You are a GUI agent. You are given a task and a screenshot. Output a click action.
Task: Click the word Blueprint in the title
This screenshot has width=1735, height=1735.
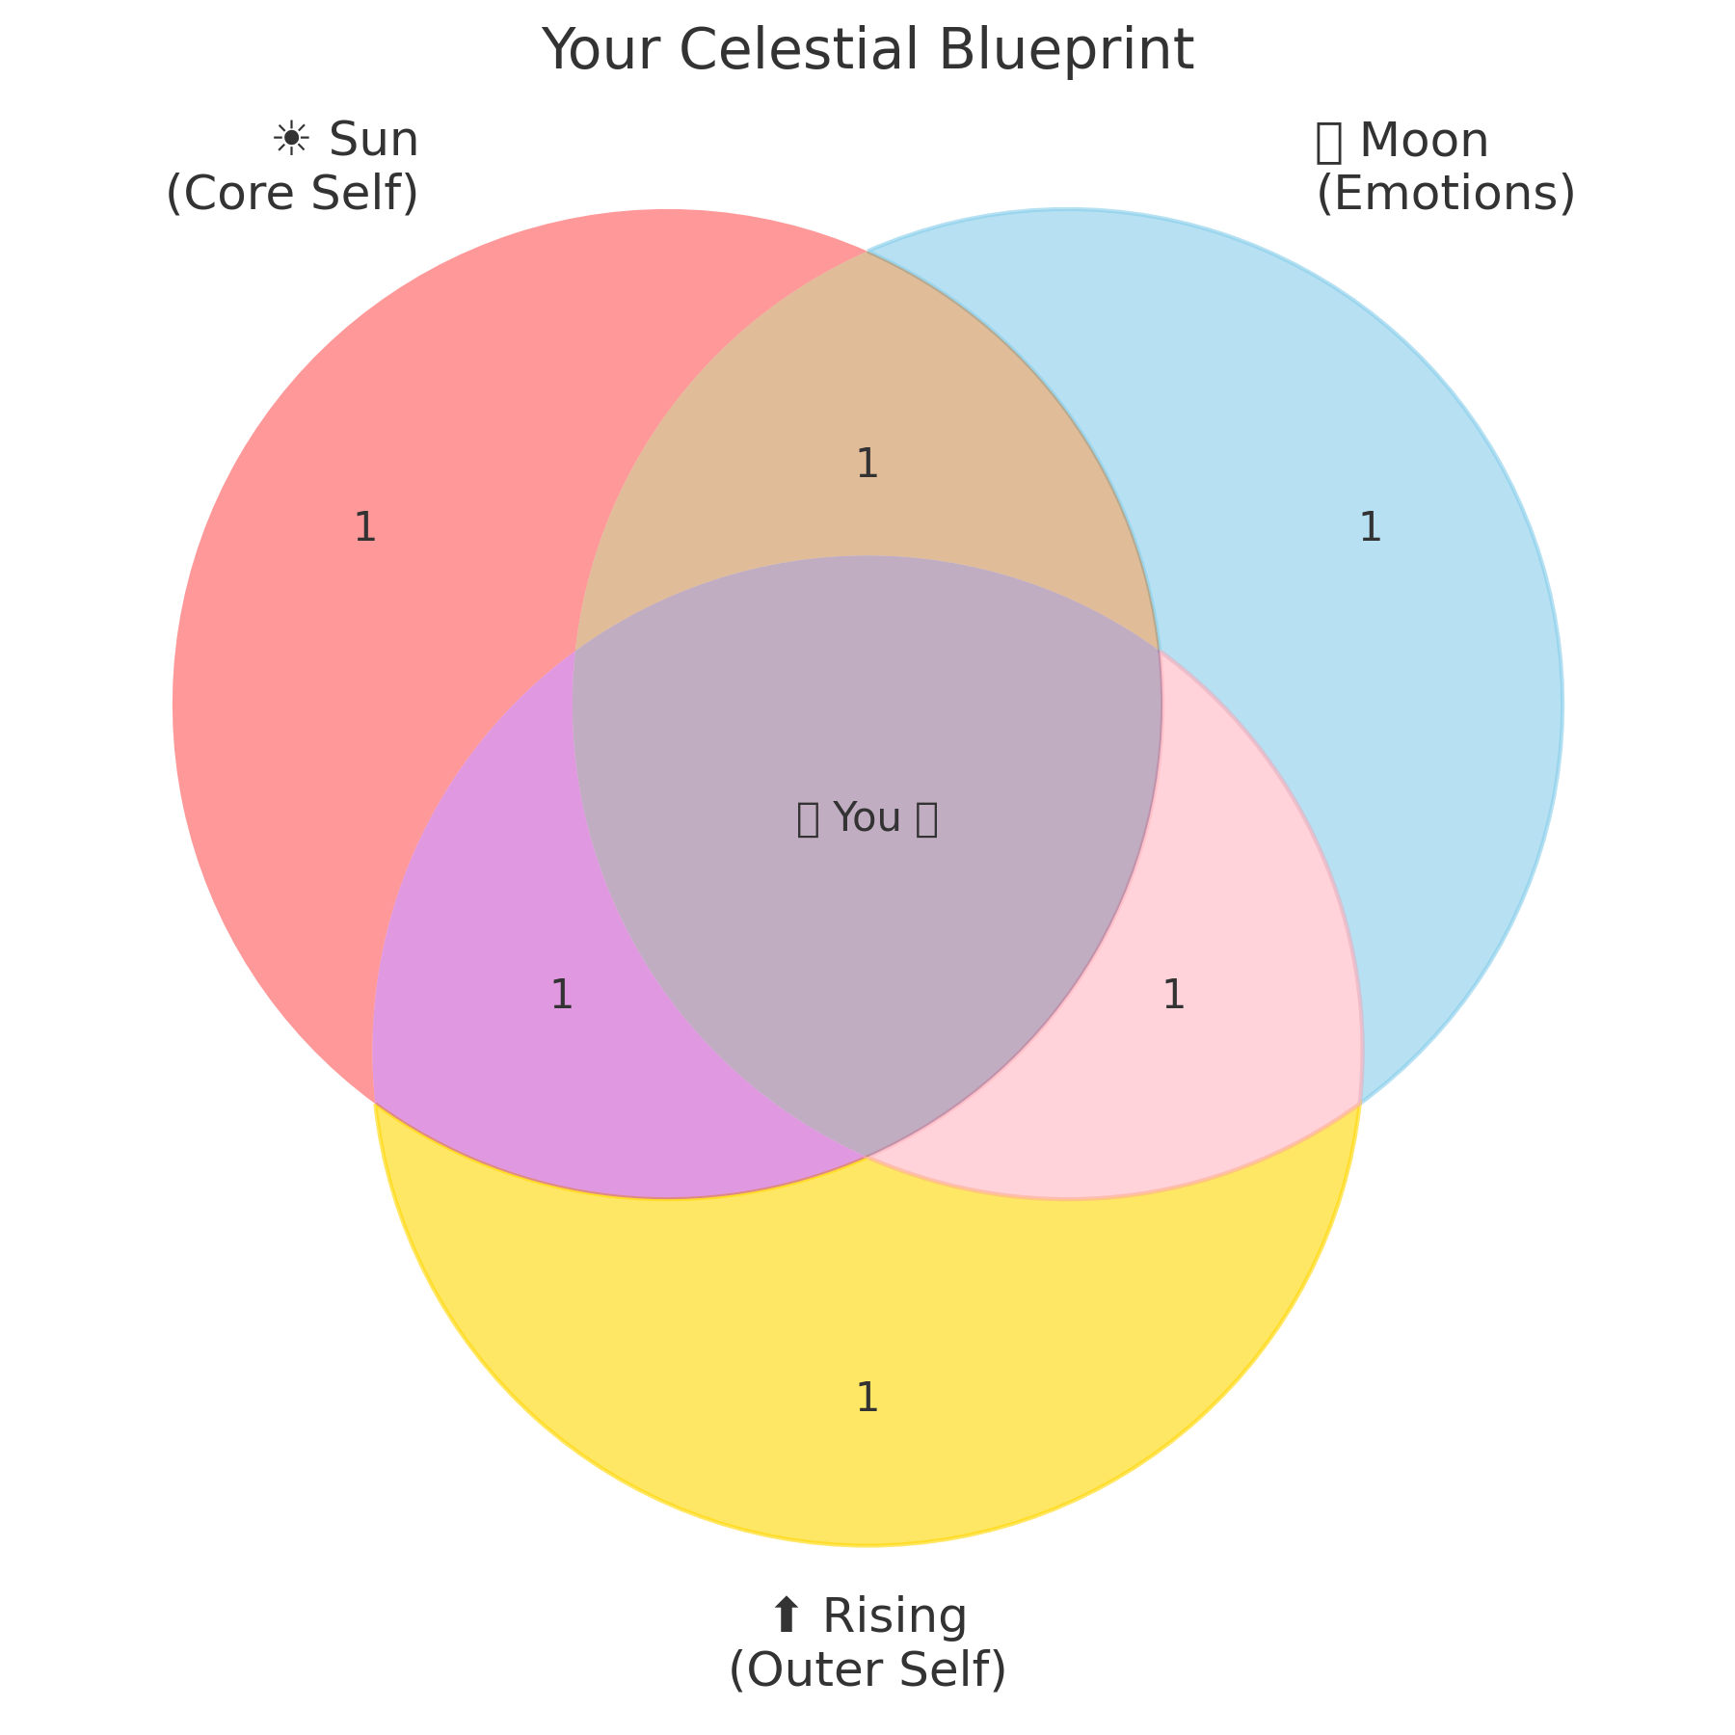point(1066,50)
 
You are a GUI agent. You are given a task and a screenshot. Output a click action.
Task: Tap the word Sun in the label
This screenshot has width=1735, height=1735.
point(374,141)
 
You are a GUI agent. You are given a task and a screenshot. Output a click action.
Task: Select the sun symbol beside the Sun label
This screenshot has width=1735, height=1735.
point(290,141)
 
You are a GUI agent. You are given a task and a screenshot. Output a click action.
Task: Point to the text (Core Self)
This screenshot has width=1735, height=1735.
point(292,194)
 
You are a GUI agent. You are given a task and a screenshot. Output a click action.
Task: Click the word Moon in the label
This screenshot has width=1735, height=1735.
point(1424,141)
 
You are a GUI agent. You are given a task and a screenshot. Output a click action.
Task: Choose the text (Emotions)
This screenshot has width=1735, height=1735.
point(1445,194)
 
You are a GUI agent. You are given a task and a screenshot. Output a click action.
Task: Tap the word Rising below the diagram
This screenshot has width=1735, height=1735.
point(894,1615)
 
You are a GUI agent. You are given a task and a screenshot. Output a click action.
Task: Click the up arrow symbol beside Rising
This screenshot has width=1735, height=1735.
point(787,1615)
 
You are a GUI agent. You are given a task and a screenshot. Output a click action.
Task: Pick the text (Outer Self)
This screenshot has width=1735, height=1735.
point(867,1669)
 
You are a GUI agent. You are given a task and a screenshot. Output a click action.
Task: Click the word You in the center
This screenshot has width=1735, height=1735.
point(867,818)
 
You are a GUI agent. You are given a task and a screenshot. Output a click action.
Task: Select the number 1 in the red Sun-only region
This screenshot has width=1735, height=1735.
point(364,528)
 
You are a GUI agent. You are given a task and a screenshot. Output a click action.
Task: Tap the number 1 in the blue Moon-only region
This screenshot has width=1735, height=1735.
point(1370,528)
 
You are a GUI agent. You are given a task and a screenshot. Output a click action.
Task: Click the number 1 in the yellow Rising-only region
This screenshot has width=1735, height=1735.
point(867,1399)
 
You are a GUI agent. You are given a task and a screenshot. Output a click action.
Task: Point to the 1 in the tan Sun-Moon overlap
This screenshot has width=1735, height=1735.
point(867,465)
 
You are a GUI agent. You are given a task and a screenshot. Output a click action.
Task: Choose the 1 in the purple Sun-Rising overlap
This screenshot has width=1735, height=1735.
point(561,996)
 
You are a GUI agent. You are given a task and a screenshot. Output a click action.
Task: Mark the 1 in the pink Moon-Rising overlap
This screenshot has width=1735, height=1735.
point(1173,996)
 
